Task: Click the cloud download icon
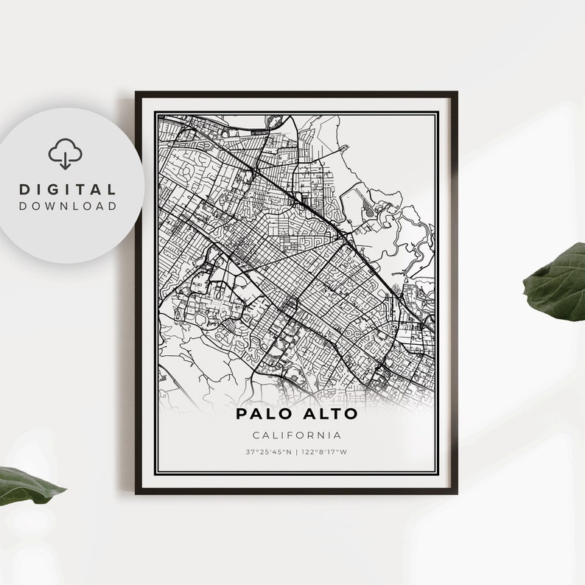(x=66, y=155)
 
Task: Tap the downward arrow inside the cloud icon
(x=66, y=159)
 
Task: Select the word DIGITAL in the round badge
(x=68, y=190)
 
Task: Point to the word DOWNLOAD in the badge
(x=68, y=206)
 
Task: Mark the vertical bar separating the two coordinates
(x=297, y=452)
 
